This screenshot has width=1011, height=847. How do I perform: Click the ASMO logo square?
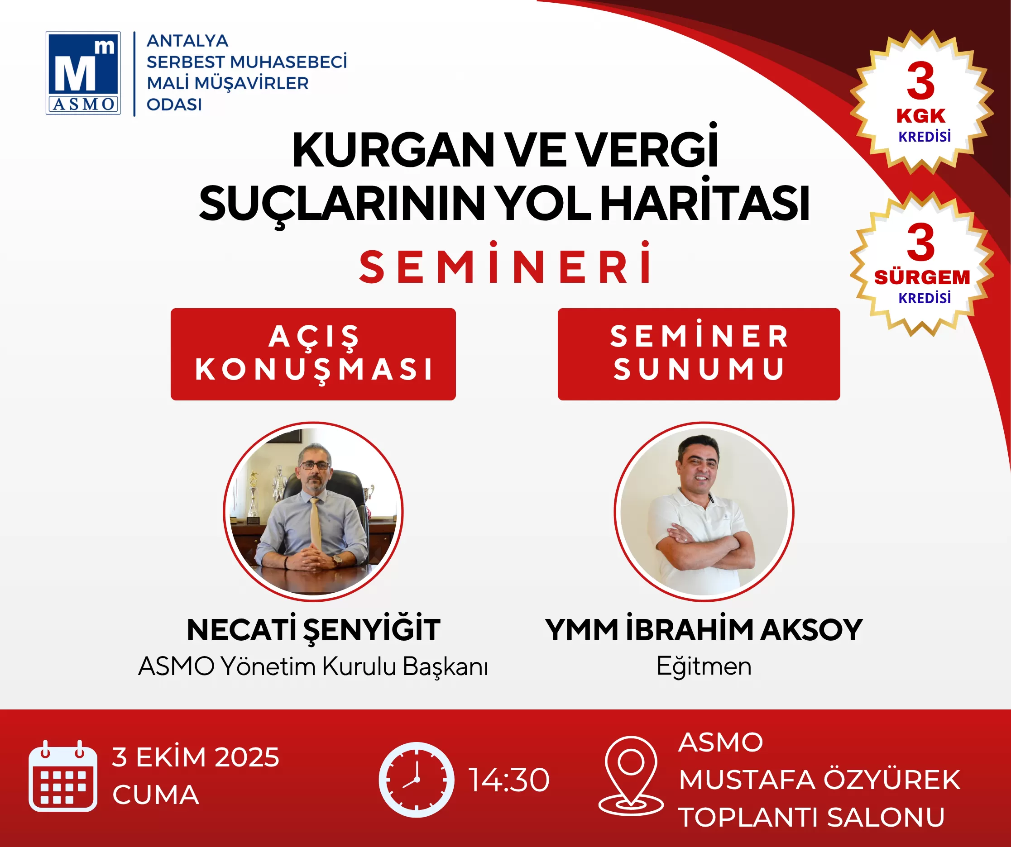point(83,73)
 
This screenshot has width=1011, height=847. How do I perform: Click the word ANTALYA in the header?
point(187,41)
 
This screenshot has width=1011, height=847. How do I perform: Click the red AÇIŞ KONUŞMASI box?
point(313,354)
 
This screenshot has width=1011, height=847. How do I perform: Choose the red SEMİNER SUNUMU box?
point(699,354)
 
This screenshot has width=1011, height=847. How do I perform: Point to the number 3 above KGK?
point(920,81)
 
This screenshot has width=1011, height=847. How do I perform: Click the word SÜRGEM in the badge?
point(922,277)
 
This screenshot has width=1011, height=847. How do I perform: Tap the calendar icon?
point(62,776)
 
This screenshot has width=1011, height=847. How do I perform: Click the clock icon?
point(416,780)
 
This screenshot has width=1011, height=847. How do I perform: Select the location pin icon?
point(631,776)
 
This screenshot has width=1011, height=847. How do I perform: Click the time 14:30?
point(509,780)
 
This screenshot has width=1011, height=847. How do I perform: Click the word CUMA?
point(155,795)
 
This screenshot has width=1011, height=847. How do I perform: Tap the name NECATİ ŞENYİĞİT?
point(313,630)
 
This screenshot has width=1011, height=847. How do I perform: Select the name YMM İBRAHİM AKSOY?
point(704,630)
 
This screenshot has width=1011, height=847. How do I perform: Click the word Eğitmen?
point(704,666)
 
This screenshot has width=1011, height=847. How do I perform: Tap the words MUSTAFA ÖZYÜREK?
point(819,780)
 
